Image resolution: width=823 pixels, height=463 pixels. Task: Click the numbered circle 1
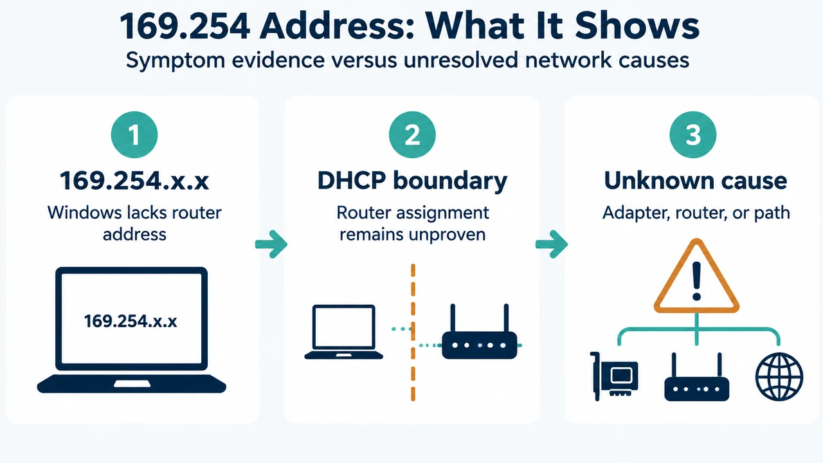point(134,135)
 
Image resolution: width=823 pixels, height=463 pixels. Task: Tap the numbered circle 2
point(412,135)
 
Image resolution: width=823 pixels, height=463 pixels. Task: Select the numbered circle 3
point(693,135)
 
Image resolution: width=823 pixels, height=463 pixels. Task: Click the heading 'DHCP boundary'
point(412,181)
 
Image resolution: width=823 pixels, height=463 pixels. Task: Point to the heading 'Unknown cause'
point(696,181)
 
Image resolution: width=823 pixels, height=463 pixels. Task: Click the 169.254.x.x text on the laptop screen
point(131,321)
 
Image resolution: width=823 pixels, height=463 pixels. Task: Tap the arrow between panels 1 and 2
point(271,244)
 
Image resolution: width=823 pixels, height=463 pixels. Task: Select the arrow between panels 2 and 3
point(552,244)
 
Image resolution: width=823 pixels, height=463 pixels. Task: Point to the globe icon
point(779,377)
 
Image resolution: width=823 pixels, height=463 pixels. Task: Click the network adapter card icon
point(614,376)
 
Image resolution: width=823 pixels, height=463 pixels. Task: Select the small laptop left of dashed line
point(343,332)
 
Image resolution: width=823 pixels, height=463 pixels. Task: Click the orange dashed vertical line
point(413,332)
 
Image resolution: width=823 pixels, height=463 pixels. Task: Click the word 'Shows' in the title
point(637,26)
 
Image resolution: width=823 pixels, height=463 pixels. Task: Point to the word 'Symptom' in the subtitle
point(176,60)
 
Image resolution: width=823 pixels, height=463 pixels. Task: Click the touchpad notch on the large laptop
point(132,384)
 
